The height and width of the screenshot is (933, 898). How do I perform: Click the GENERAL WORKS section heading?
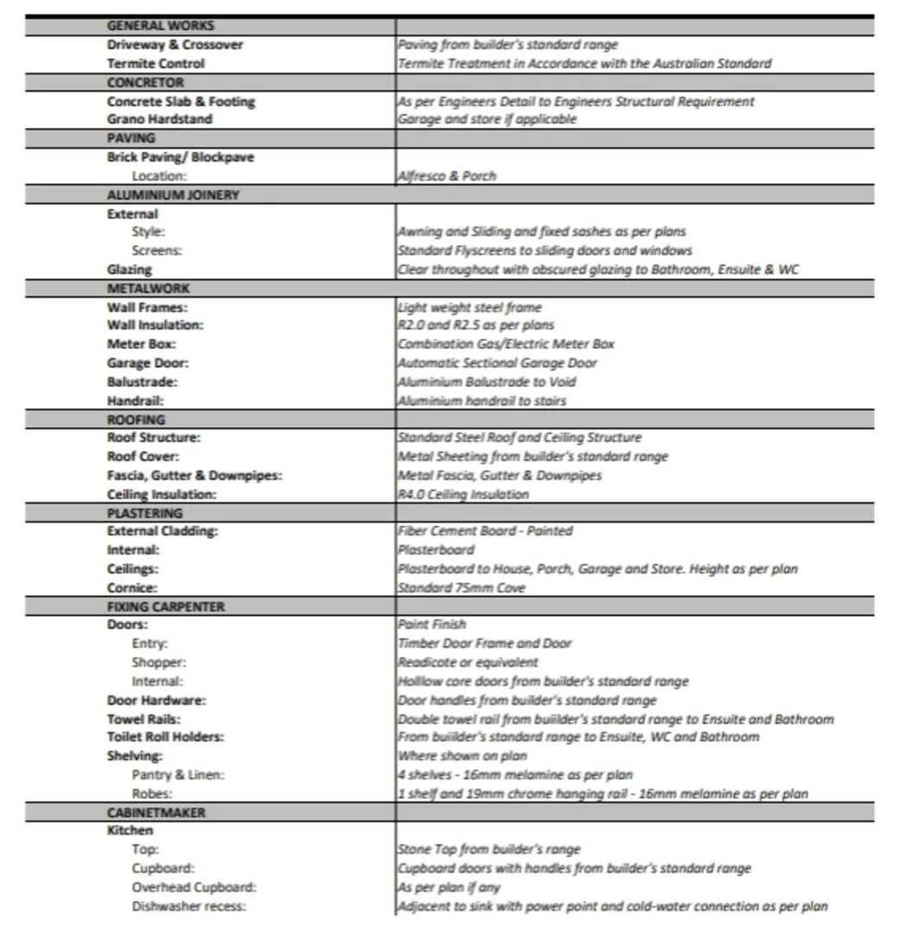pyautogui.click(x=161, y=26)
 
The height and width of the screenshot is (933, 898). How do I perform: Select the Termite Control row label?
pyautogui.click(x=156, y=63)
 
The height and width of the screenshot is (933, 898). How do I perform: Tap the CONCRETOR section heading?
pyautogui.click(x=145, y=82)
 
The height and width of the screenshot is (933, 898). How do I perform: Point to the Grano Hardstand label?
pyautogui.click(x=159, y=119)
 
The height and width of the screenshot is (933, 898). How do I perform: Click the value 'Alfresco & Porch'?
pyautogui.click(x=446, y=175)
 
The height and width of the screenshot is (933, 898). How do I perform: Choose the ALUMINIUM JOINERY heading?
pyautogui.click(x=173, y=194)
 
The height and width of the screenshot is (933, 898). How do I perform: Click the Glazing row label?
pyautogui.click(x=129, y=270)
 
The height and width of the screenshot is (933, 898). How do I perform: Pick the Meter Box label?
pyautogui.click(x=142, y=344)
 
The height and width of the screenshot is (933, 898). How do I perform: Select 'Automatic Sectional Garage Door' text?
pyautogui.click(x=497, y=363)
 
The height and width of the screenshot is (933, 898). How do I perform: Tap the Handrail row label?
pyautogui.click(x=136, y=401)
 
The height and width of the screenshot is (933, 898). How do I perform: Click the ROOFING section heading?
pyautogui.click(x=136, y=420)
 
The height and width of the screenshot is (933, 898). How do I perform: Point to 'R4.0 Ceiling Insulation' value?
pyautogui.click(x=462, y=494)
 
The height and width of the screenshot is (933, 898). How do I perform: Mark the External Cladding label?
pyautogui.click(x=162, y=531)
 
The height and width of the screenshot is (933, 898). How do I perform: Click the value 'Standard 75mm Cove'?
pyautogui.click(x=461, y=587)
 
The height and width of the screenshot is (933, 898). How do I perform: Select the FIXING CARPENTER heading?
pyautogui.click(x=165, y=606)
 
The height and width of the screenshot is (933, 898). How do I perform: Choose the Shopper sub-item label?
pyautogui.click(x=159, y=663)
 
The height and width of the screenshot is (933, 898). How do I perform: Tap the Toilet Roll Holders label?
pyautogui.click(x=165, y=737)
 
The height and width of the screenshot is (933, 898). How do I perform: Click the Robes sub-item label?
pyautogui.click(x=153, y=793)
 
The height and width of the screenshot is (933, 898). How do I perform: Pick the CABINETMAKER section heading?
pyautogui.click(x=156, y=813)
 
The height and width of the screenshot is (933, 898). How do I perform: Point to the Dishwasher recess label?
pyautogui.click(x=188, y=906)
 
